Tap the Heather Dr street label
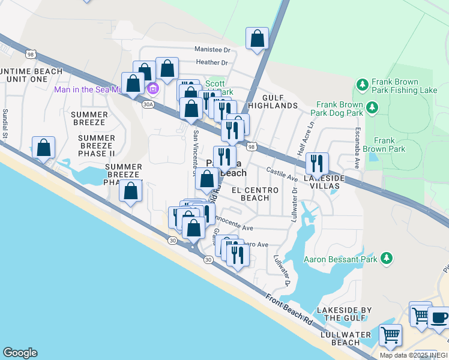(212, 62)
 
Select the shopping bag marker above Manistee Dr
(257, 38)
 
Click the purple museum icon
(152, 89)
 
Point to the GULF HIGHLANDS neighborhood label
(277, 101)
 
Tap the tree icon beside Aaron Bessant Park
(387, 259)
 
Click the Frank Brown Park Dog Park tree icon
(372, 107)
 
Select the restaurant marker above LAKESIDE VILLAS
(316, 163)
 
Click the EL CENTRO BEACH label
(259, 194)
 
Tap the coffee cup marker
(439, 317)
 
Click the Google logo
(20, 353)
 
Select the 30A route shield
(148, 104)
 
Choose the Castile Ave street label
(282, 176)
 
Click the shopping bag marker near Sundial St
(44, 148)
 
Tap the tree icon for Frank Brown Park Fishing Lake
(362, 83)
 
